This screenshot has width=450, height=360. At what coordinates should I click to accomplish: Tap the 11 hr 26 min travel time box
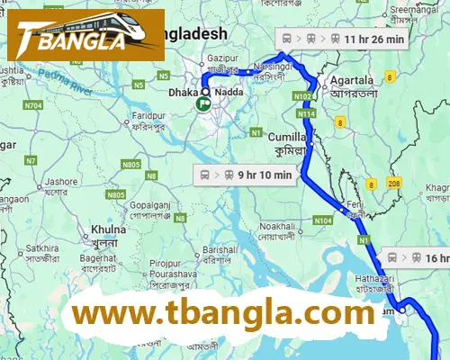click(x=343, y=39)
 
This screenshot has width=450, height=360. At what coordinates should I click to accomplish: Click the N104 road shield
click(x=323, y=220)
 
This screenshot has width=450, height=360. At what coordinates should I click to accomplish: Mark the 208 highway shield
click(x=393, y=184)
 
